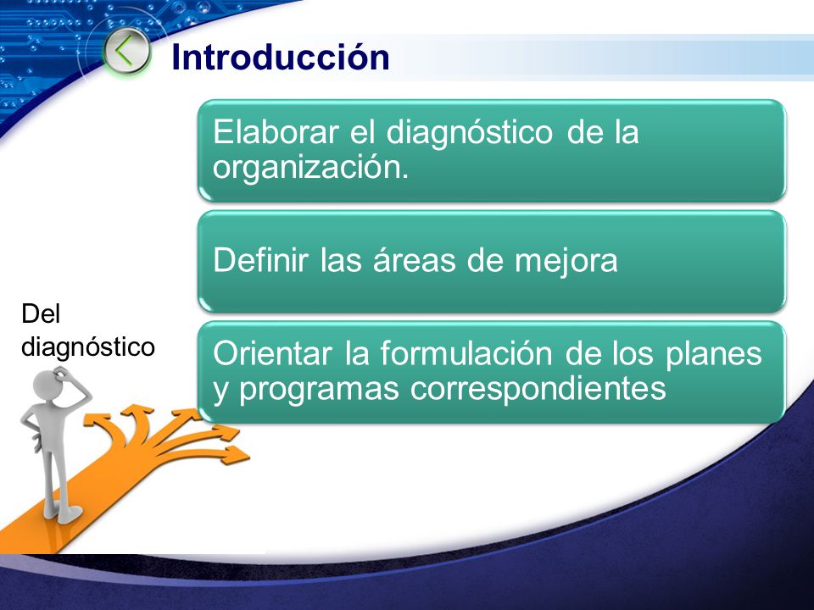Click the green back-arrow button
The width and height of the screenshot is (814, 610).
[126, 52]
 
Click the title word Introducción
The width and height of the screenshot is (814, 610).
[281, 57]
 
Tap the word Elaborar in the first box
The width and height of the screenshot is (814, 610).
[276, 132]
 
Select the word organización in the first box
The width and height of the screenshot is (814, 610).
[310, 168]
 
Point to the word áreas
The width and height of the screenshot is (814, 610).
[414, 259]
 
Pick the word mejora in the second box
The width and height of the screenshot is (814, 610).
[566, 261]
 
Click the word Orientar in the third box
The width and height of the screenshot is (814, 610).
[272, 354]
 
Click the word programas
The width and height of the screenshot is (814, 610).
[319, 389]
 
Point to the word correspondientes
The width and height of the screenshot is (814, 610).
[538, 389]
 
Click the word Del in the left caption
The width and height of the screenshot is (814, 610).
[41, 313]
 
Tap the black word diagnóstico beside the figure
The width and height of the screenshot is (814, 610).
[88, 347]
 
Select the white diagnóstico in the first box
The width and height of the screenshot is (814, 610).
[469, 133]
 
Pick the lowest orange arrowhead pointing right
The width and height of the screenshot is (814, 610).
[236, 455]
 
